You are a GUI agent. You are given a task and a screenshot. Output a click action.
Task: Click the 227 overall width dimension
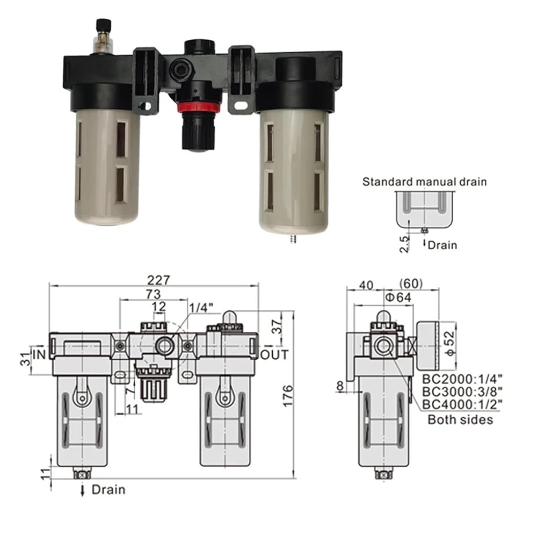click(x=158, y=280)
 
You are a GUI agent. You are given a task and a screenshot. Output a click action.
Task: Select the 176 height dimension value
click(x=288, y=396)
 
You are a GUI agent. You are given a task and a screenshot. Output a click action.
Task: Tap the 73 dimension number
click(x=153, y=294)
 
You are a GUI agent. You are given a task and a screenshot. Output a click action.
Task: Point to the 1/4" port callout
click(x=201, y=308)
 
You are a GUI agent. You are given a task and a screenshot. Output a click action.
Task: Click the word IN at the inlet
click(x=39, y=354)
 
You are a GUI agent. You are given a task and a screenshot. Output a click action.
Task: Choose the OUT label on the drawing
click(x=274, y=355)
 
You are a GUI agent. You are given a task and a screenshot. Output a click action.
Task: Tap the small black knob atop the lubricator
click(x=103, y=26)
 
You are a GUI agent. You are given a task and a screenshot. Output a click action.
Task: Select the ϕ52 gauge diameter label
click(x=450, y=343)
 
